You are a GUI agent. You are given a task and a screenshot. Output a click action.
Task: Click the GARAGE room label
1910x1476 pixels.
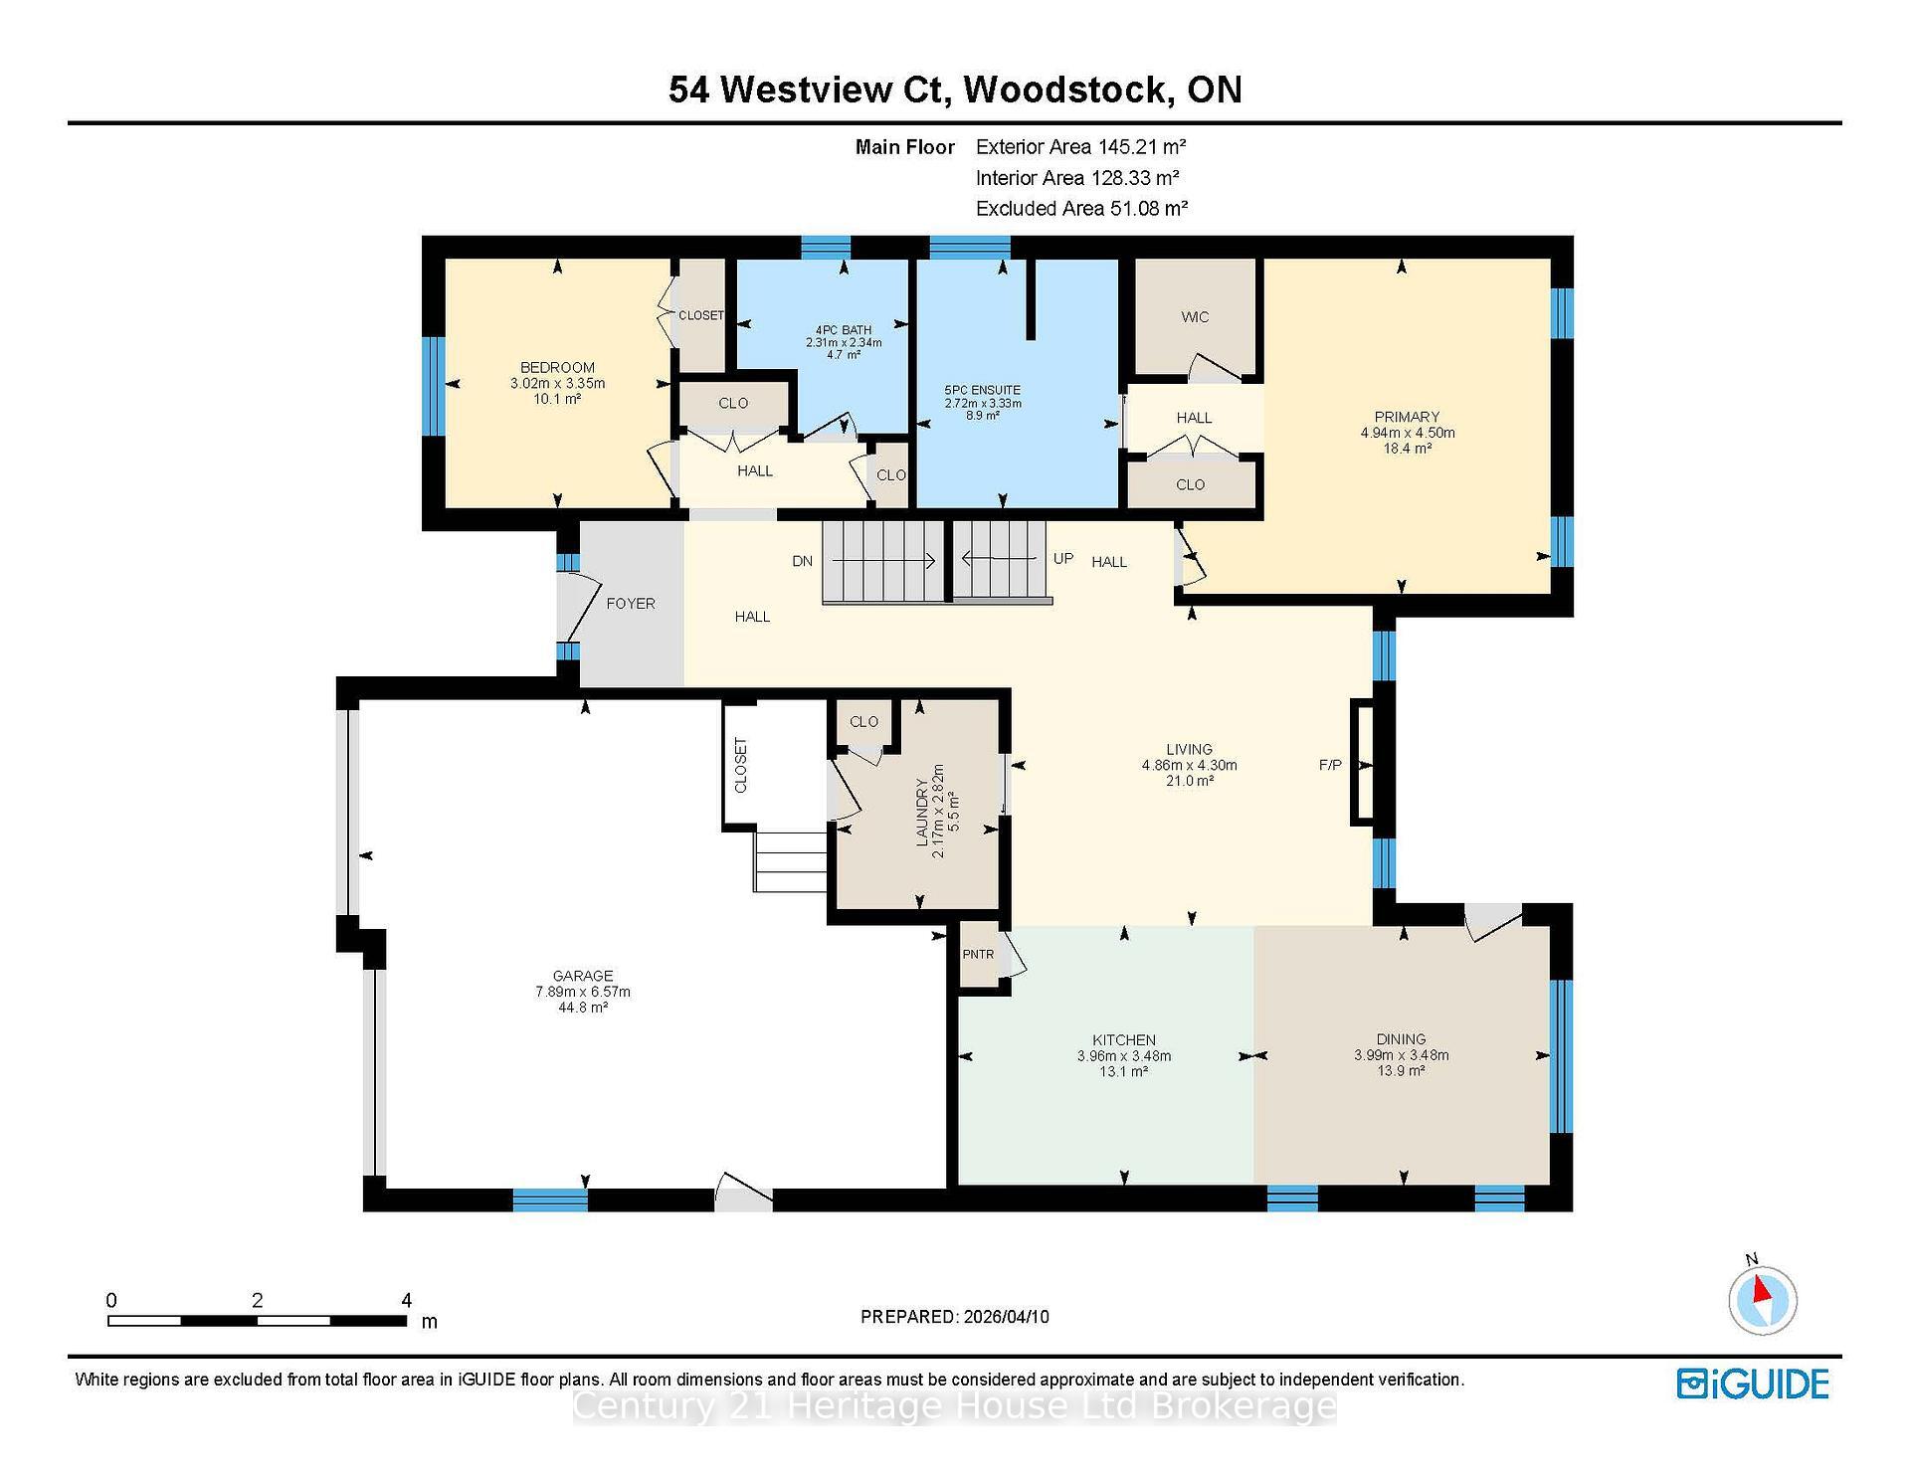583,976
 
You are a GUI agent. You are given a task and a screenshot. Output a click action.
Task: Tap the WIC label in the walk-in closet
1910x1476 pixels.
1195,317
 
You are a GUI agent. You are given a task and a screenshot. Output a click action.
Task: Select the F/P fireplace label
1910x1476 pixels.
1330,765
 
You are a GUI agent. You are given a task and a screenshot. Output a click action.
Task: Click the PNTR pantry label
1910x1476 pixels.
978,955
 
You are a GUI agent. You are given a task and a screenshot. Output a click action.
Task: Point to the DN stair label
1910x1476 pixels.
803,561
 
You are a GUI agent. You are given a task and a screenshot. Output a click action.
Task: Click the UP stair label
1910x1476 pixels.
1063,558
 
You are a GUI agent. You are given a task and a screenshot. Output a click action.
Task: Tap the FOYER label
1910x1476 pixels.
631,604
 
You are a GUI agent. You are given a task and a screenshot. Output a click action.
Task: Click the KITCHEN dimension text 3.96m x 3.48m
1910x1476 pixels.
1124,1056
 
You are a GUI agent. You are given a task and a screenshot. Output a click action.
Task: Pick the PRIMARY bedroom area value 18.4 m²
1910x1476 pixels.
1407,449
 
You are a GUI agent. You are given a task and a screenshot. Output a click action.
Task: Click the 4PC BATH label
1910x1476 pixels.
844,330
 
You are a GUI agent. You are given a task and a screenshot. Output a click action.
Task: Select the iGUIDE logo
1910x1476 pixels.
1753,1384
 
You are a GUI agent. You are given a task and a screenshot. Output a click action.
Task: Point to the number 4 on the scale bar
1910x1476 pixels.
406,1300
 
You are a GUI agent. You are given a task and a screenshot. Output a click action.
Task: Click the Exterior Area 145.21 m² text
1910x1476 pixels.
1080,147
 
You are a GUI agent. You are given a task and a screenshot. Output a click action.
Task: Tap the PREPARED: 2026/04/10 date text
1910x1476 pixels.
954,1317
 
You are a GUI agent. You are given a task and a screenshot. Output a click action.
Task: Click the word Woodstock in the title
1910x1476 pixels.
1064,90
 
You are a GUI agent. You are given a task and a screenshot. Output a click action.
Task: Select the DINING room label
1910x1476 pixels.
1401,1039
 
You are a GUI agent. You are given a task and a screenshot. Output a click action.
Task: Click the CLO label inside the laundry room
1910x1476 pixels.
863,722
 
